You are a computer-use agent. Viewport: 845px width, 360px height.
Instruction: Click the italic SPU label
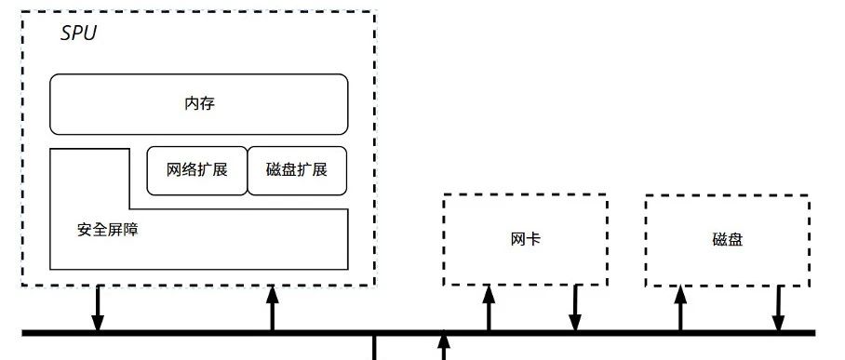point(78,34)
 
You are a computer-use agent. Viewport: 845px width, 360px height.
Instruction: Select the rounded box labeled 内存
point(199,104)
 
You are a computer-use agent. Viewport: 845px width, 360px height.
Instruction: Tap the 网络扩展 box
point(197,170)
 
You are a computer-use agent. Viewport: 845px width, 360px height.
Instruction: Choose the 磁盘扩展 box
point(297,170)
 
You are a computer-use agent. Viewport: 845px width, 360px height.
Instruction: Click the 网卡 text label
point(526,239)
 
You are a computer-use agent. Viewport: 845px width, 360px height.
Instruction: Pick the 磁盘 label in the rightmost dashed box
point(728,239)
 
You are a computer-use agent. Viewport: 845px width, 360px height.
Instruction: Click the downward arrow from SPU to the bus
point(97,309)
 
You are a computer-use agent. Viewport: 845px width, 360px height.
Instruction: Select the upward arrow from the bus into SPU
point(273,309)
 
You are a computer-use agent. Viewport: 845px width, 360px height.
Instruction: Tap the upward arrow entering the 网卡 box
point(488,309)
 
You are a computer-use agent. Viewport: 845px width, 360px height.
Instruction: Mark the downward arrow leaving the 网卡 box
point(575,309)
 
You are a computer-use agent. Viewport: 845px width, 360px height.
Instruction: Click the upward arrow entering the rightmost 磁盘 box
point(680,309)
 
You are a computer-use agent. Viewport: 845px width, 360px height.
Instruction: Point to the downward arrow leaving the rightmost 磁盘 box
point(778,309)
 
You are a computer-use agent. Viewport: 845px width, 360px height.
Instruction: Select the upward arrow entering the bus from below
point(444,348)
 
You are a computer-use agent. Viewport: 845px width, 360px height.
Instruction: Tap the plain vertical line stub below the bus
point(374,348)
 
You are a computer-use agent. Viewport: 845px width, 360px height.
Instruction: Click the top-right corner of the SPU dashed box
point(374,12)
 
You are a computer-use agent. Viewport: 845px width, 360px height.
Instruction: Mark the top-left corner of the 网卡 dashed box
point(443,195)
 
